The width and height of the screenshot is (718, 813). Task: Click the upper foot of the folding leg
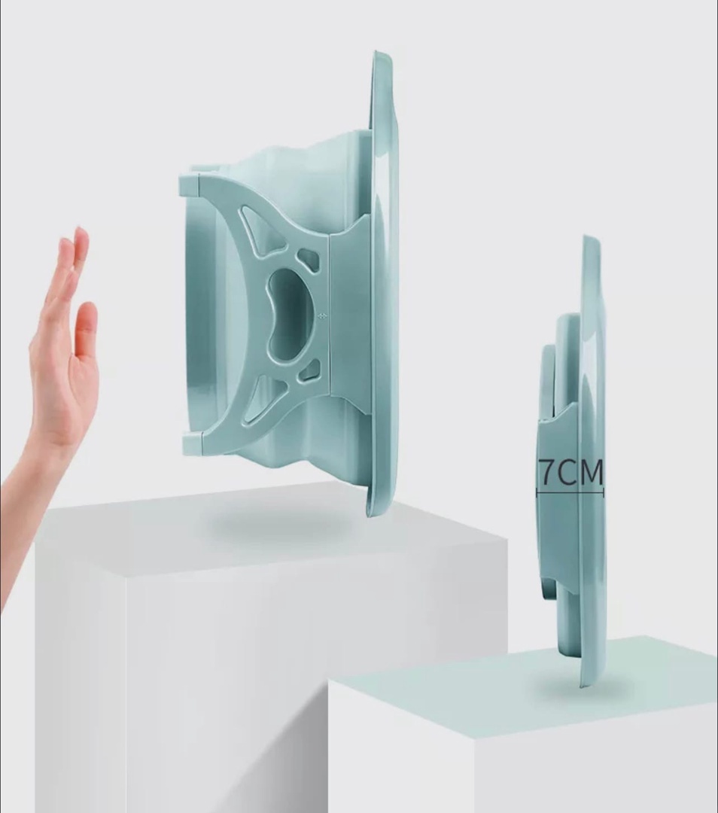pyautogui.click(x=190, y=185)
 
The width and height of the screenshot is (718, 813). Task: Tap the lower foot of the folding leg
pyautogui.click(x=193, y=444)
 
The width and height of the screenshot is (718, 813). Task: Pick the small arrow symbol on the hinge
pyautogui.click(x=322, y=315)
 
